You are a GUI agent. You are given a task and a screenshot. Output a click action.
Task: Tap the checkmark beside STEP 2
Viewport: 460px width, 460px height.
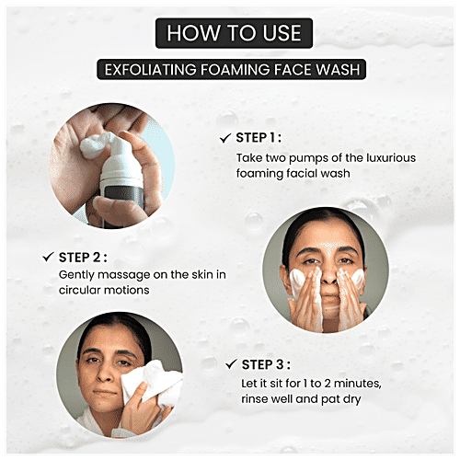tap(46, 257)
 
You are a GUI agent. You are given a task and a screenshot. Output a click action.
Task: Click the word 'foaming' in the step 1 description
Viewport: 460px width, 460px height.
tap(259, 173)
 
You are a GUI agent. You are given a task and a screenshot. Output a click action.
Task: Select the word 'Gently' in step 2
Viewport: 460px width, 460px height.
tap(75, 275)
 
